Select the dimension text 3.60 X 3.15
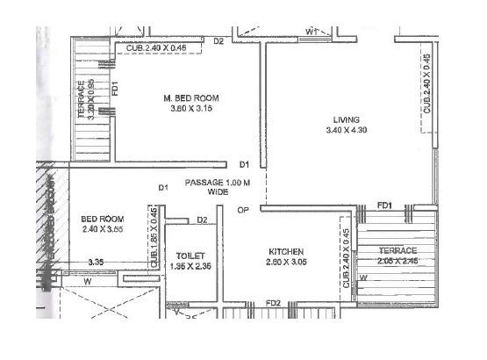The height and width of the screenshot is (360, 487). (190, 109)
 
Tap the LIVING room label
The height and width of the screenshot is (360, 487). (347, 119)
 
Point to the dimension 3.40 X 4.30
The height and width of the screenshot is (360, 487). (347, 131)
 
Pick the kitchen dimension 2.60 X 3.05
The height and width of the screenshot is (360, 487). (286, 262)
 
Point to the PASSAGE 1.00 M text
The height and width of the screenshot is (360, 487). (217, 182)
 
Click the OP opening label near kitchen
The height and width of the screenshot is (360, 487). (243, 210)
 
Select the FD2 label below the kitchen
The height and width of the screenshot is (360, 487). (273, 304)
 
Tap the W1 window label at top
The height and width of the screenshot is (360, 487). (312, 32)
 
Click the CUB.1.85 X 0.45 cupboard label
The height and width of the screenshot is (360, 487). (154, 237)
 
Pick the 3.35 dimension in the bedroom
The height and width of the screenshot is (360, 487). (97, 262)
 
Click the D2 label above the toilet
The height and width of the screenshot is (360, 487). (202, 220)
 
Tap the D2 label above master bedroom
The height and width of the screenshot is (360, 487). (219, 41)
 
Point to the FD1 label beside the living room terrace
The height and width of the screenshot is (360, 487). (384, 205)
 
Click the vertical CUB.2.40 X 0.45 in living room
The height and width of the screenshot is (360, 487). (426, 83)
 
